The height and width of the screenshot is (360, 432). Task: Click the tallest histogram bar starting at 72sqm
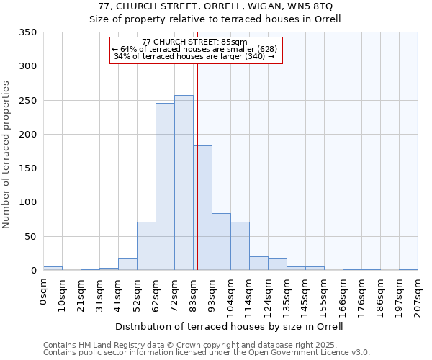click(184, 183)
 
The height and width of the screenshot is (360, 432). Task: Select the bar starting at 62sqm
click(165, 187)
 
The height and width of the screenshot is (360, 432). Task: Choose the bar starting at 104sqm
click(240, 246)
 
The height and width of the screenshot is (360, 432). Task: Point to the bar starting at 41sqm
click(127, 264)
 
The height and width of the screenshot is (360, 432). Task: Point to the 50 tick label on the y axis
click(30, 236)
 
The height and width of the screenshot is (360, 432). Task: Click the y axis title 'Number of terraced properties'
click(6, 155)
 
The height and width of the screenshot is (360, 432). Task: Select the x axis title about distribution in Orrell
click(229, 326)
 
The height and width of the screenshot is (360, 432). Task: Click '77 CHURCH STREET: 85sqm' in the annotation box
click(195, 42)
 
